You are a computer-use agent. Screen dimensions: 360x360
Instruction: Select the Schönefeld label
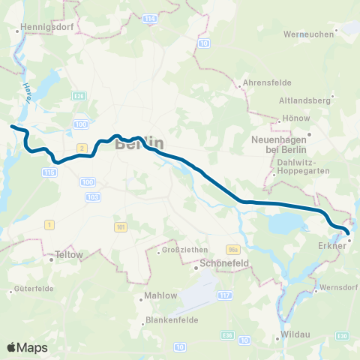(224, 264)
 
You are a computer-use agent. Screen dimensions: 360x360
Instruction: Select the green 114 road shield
(150, 17)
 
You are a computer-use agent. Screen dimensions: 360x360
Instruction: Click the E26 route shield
(79, 96)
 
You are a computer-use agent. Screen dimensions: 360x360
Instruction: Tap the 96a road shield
(232, 247)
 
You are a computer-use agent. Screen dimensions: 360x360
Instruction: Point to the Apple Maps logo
(27, 347)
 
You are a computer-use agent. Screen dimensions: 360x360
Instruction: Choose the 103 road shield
(93, 196)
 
